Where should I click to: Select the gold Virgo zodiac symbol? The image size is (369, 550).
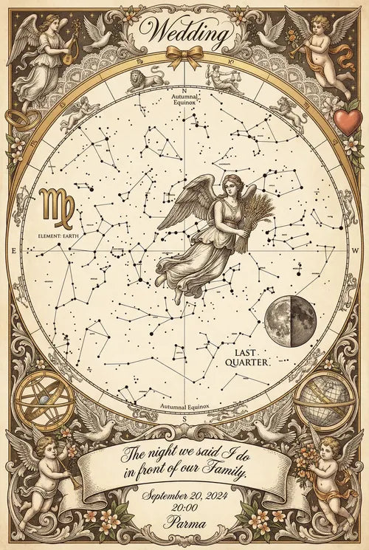point(56,207)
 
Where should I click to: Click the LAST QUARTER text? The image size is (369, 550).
point(251,358)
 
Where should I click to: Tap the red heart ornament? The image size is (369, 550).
point(348,120)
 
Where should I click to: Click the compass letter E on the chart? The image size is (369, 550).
point(13,252)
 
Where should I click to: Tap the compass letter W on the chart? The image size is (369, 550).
point(355,251)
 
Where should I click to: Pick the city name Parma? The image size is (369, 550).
point(184,526)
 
